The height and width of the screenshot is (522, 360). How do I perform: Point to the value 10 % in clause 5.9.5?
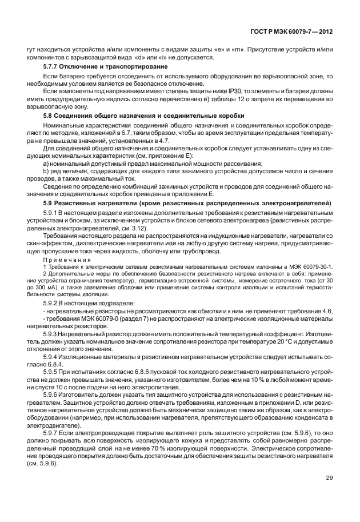(x=249, y=380)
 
